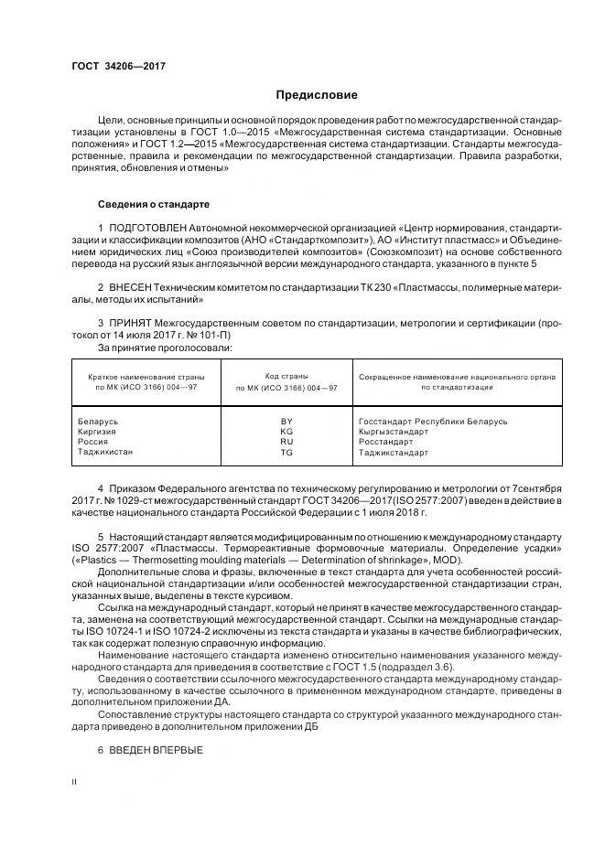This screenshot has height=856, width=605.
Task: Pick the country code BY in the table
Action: tap(286, 421)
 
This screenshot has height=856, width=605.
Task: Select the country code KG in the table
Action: tap(286, 431)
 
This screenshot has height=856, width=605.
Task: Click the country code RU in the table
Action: tap(286, 441)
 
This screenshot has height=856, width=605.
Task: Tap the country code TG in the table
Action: tap(286, 452)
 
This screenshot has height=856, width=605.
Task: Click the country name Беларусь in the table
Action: tap(99, 421)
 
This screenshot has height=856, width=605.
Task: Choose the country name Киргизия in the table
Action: tap(99, 431)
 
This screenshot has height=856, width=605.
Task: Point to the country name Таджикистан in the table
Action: tap(106, 452)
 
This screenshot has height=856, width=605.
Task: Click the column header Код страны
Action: tap(286, 376)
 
